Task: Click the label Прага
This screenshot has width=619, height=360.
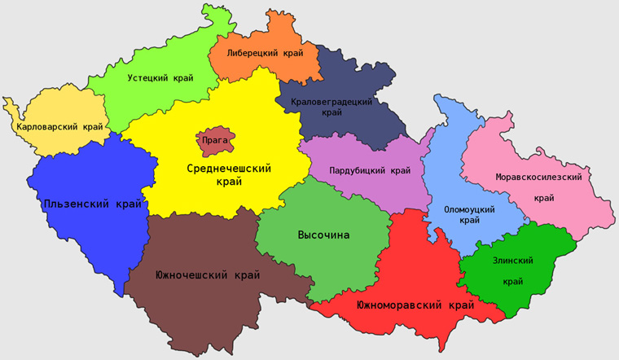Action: point(215,140)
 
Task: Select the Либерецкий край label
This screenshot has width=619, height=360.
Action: point(265,53)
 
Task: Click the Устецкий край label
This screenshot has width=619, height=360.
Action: point(160,79)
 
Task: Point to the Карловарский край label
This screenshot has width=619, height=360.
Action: point(59,127)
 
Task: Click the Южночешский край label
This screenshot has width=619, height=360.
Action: point(208,275)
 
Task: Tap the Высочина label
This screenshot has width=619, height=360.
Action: point(323,235)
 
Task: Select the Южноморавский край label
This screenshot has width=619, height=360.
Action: point(415,305)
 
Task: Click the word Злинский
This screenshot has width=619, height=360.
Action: point(512,261)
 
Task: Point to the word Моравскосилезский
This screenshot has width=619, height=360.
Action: point(542,177)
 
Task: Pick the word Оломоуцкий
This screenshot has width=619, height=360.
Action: point(469,209)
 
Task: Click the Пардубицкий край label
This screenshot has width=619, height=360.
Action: point(370,171)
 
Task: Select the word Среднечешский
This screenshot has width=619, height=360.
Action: point(229,169)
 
